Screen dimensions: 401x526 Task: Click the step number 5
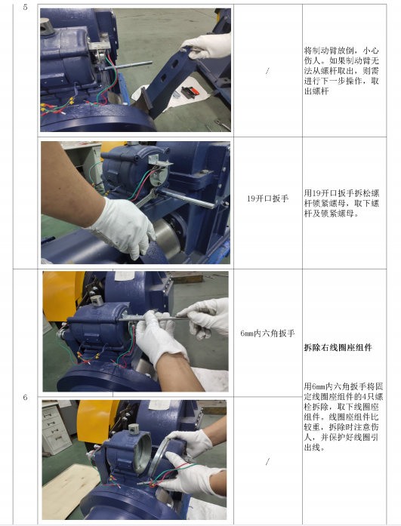25,7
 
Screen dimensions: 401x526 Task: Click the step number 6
25,398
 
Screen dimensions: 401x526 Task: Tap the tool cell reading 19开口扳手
268,198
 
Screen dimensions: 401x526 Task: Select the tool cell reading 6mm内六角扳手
267,333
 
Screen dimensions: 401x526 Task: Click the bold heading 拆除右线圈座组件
338,348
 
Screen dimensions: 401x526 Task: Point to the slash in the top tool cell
267,71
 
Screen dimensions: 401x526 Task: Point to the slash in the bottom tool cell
267,462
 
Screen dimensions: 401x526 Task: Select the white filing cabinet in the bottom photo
55,426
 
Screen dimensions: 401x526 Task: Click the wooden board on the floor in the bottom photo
66,490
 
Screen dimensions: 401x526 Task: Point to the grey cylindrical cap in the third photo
97,301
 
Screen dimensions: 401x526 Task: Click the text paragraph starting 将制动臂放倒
341,71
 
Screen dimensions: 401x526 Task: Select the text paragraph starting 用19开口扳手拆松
341,203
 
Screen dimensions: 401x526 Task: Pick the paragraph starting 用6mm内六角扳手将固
344,417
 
